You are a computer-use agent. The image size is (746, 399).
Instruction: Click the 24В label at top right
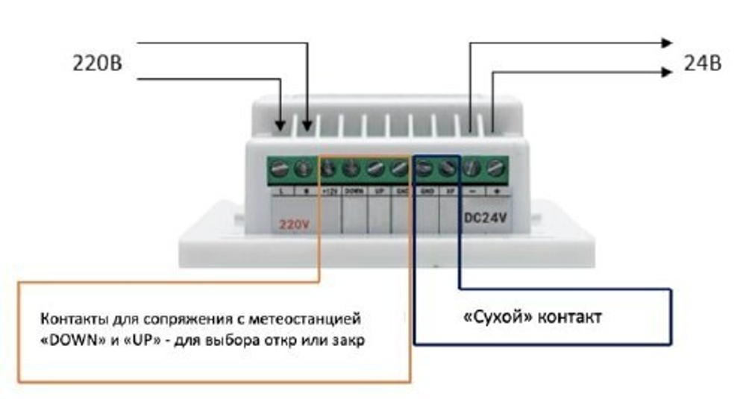click(702, 64)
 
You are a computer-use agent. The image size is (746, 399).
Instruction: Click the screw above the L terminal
click(280, 170)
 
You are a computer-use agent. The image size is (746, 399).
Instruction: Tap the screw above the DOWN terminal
click(351, 170)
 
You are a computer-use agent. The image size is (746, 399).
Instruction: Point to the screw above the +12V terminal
click(328, 170)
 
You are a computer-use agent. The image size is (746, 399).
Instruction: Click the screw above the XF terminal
click(448, 170)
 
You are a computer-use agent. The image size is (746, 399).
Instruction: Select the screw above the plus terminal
click(495, 170)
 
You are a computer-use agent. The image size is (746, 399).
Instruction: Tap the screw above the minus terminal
click(471, 170)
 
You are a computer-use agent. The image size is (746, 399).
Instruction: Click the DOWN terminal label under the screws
click(354, 192)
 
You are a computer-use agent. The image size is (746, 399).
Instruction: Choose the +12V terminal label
click(329, 192)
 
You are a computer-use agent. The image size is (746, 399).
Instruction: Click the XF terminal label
click(449, 192)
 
